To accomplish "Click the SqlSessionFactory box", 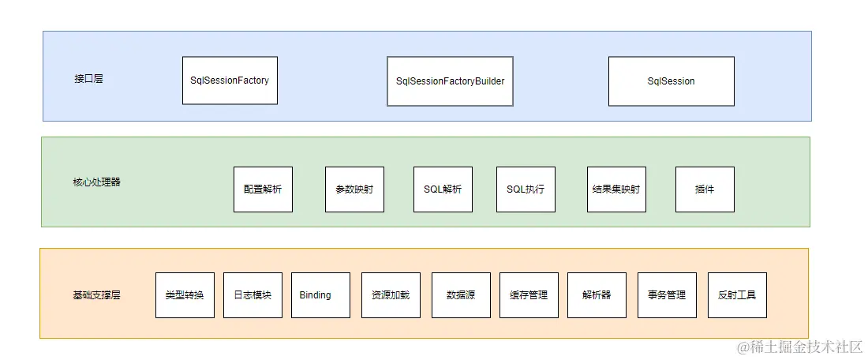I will coord(230,81).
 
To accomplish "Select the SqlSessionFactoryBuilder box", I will coord(450,81).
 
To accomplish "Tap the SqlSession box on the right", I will coord(671,81).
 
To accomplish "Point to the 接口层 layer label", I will coord(88,79).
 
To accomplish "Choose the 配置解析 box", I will coord(263,189).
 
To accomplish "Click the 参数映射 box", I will coord(354,189).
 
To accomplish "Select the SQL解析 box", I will coord(443,189).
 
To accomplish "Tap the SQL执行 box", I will coord(526,189).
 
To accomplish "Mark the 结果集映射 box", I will coord(616,189).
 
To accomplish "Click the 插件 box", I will coord(705,189).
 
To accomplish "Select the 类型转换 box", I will coord(185,295).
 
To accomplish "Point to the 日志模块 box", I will coord(253,295).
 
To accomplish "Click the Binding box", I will coord(320,295).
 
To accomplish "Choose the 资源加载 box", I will coord(391,295).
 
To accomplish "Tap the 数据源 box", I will coord(461,295).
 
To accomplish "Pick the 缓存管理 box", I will coord(529,295).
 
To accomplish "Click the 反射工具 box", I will coord(737,295).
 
